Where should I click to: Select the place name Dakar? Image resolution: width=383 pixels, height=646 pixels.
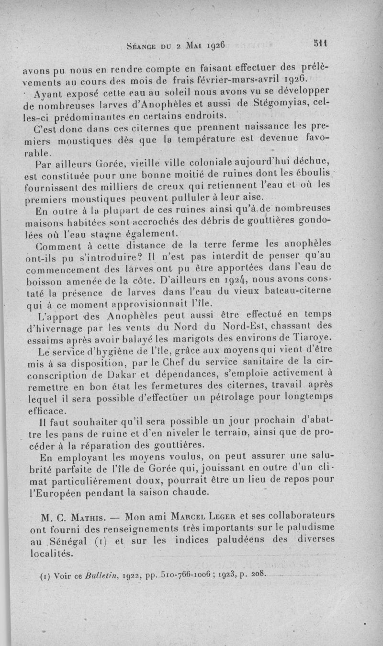pyautogui.click(x=129, y=375)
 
